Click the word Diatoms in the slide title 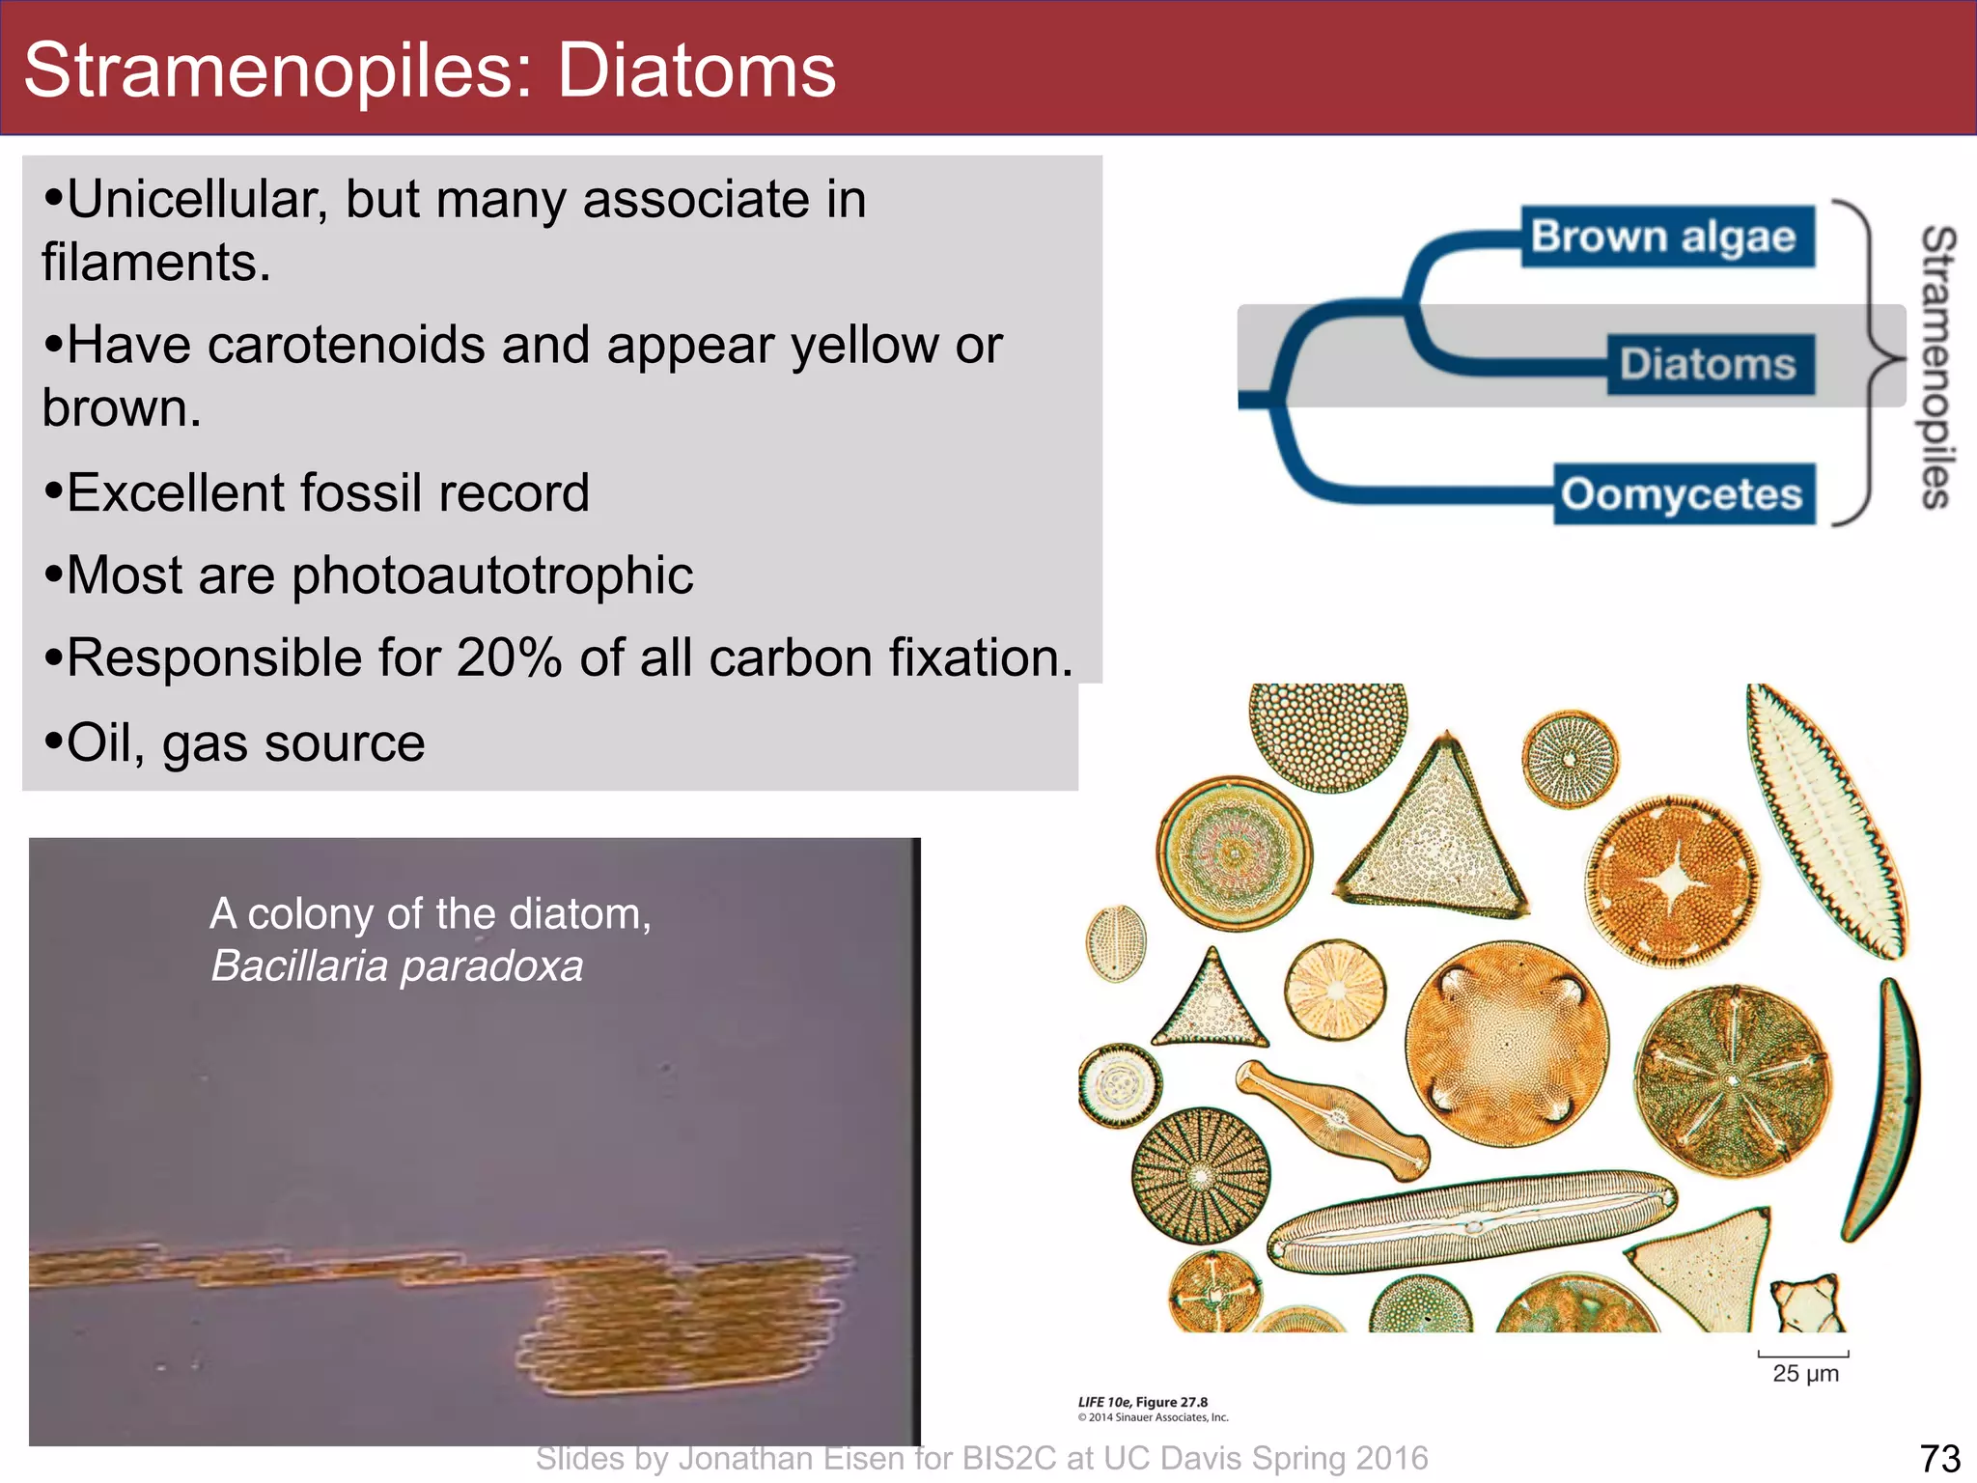696,70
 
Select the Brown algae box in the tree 1665,237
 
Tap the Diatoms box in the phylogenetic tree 1709,365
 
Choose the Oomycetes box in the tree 1683,494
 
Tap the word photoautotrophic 492,575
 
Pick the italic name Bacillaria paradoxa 397,965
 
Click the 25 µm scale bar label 1805,1373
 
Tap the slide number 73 1939,1458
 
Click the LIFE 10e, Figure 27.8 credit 1143,1402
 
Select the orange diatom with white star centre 1673,881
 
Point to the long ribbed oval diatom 1472,1223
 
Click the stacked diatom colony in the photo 676,1323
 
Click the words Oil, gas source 246,743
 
